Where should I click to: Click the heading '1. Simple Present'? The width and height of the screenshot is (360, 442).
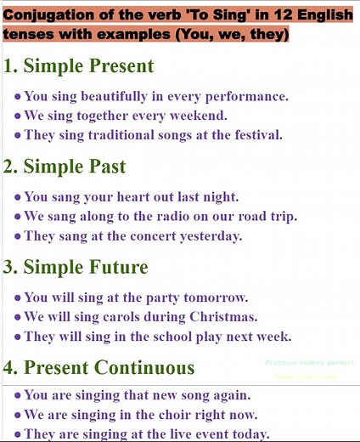point(78,66)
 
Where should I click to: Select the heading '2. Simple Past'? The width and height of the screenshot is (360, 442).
point(65,167)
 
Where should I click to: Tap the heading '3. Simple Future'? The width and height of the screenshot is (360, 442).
point(76,267)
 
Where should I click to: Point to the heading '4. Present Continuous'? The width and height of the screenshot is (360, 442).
point(99,367)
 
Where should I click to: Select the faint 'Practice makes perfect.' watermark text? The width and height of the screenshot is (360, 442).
point(311,363)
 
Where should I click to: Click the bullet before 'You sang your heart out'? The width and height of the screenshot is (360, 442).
point(18,197)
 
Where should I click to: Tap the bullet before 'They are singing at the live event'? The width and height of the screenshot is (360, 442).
point(18,434)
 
